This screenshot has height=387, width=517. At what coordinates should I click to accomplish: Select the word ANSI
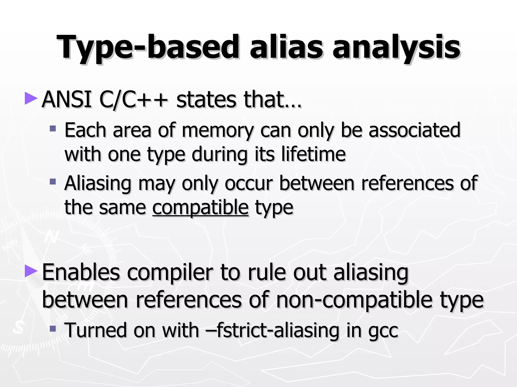coord(66,100)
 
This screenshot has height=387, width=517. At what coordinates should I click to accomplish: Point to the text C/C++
coord(134,100)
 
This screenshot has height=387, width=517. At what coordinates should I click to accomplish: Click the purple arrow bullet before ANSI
coord(31,99)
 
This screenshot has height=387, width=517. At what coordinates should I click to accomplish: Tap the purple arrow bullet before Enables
coord(31,271)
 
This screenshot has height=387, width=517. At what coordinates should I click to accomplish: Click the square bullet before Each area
coord(53,129)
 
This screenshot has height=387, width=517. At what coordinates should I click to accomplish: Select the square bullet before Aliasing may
coord(53,181)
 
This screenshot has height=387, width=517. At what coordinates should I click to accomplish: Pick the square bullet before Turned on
coord(53,329)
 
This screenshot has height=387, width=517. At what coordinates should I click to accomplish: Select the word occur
coord(249,183)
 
